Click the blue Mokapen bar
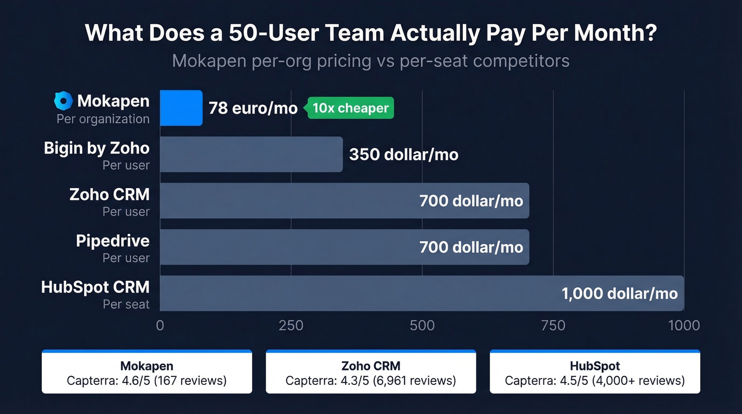[x=181, y=108]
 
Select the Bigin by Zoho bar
[x=251, y=154]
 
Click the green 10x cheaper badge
[x=350, y=108]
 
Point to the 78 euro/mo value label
[x=253, y=108]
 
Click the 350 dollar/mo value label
[x=403, y=155]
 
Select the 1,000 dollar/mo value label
[x=619, y=293]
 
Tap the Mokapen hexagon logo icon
[x=63, y=101]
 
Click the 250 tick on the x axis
[x=291, y=325]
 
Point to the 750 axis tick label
[x=553, y=325]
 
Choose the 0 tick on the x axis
[x=160, y=325]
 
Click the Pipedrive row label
[x=112, y=241]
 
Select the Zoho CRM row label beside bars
[x=109, y=195]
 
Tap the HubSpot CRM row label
[x=95, y=287]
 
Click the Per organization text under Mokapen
[x=103, y=119]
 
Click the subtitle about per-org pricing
[x=370, y=61]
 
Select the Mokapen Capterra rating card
[x=147, y=372]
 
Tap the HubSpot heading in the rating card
[x=595, y=366]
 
